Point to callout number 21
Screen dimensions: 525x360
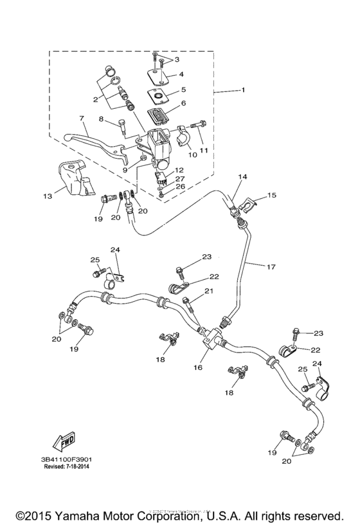209,291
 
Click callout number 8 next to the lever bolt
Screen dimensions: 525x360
101,118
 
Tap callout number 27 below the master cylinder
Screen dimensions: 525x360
180,180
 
